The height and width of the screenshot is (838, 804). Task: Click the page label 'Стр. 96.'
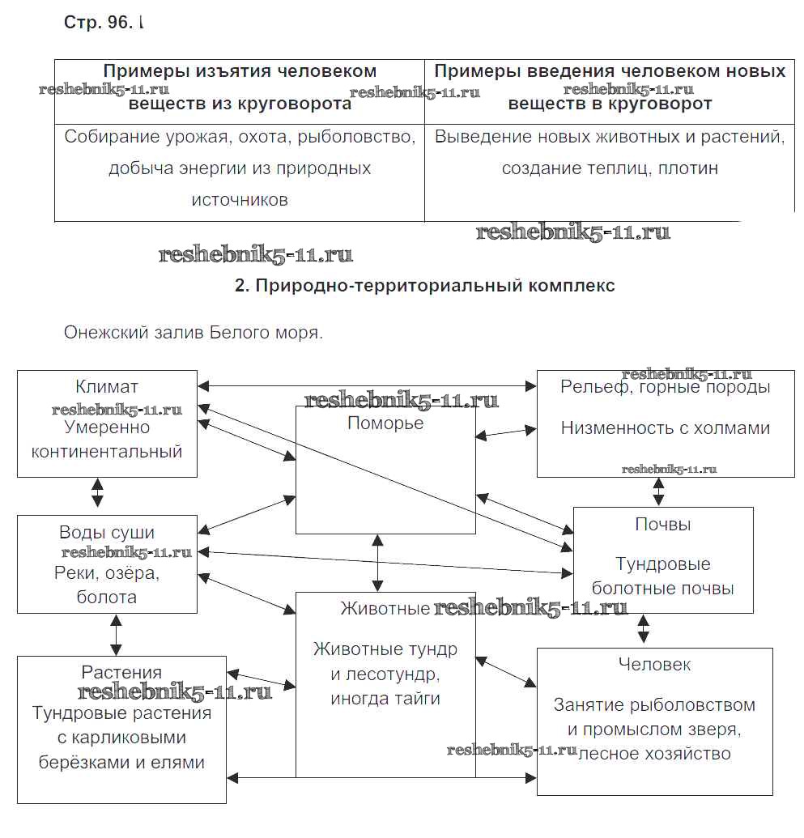(x=97, y=23)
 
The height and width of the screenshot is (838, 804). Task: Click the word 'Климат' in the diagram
(x=107, y=387)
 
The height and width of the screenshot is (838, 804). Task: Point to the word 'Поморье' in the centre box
(x=385, y=423)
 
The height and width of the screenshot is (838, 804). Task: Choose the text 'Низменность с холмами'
(x=665, y=428)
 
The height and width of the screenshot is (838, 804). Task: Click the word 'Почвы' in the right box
(x=663, y=525)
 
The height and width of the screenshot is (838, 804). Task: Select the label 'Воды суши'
(x=107, y=533)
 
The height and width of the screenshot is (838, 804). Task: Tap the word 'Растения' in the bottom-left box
(x=121, y=672)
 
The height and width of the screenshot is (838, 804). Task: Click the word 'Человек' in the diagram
(x=654, y=665)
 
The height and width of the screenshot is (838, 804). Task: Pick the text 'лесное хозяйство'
(x=654, y=754)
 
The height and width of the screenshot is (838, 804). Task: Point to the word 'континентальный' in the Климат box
(x=107, y=452)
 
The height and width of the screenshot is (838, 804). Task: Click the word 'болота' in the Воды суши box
(x=107, y=598)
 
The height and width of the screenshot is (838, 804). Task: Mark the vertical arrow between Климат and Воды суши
(x=98, y=492)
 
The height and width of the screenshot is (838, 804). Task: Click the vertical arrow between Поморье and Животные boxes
(x=377, y=563)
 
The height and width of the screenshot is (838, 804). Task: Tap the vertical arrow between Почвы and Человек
(x=644, y=628)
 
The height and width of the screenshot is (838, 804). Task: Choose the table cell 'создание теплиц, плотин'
(x=610, y=168)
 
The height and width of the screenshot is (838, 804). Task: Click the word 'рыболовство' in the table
(x=355, y=137)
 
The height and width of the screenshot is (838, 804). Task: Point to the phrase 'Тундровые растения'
(x=121, y=713)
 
